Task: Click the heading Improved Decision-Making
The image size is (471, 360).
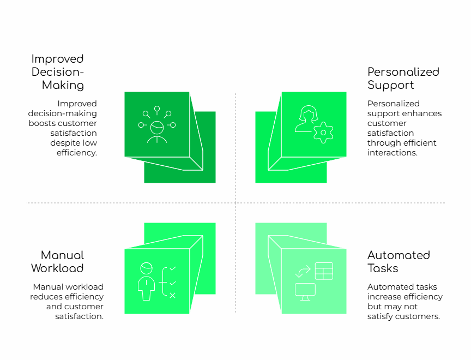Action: pos(58,71)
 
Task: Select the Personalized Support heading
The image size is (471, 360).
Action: pos(403,78)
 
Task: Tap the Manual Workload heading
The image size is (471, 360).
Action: pos(57,261)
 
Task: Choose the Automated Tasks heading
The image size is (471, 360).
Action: pos(398,261)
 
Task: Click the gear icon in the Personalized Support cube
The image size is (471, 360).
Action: pos(324,133)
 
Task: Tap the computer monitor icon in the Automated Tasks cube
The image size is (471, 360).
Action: pos(305,291)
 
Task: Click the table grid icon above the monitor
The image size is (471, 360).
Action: pos(324,271)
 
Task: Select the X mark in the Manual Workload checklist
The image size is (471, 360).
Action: pos(173,295)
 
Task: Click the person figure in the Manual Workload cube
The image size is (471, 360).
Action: pos(146,281)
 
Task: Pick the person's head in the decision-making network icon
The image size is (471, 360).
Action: pos(157,128)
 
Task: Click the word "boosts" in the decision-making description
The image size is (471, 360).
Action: pos(42,123)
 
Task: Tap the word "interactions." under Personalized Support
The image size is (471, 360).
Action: pos(392,153)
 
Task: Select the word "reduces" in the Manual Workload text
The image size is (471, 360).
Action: pos(47,297)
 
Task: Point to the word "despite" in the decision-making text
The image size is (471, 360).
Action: pos(66,143)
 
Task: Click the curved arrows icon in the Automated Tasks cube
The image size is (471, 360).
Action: pos(303,271)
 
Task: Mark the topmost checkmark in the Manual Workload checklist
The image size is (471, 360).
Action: pos(173,269)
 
